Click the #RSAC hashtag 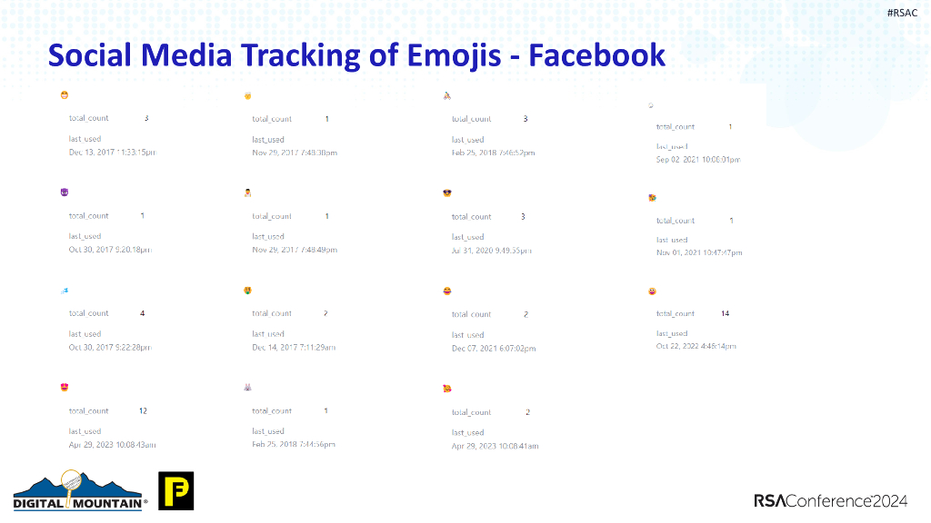point(902,13)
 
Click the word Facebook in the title point(597,56)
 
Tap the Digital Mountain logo point(80,491)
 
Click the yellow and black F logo point(175,490)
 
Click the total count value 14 point(725,313)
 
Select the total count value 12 point(143,410)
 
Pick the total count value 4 point(143,313)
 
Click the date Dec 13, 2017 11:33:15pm point(112,153)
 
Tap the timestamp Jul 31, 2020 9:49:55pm point(491,251)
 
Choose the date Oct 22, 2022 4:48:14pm point(696,346)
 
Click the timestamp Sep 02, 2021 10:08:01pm point(698,160)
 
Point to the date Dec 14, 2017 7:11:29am point(294,348)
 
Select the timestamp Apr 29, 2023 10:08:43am point(112,445)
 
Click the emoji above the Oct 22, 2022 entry point(652,291)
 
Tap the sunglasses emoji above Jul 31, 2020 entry point(446,193)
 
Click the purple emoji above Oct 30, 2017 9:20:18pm point(64,192)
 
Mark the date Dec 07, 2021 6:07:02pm point(493,349)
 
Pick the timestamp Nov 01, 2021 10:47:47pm point(698,252)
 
